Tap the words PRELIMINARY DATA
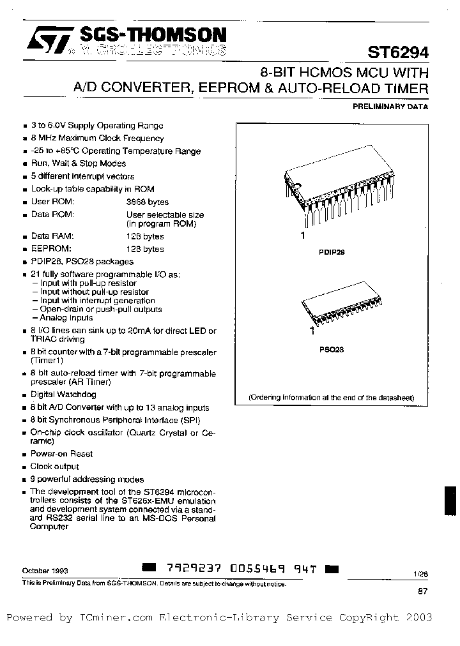[x=390, y=107]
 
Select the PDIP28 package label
[x=332, y=252]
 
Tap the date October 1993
[x=45, y=570]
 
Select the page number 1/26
[x=420, y=575]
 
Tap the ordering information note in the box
[x=331, y=397]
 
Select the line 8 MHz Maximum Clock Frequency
[x=97, y=138]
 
